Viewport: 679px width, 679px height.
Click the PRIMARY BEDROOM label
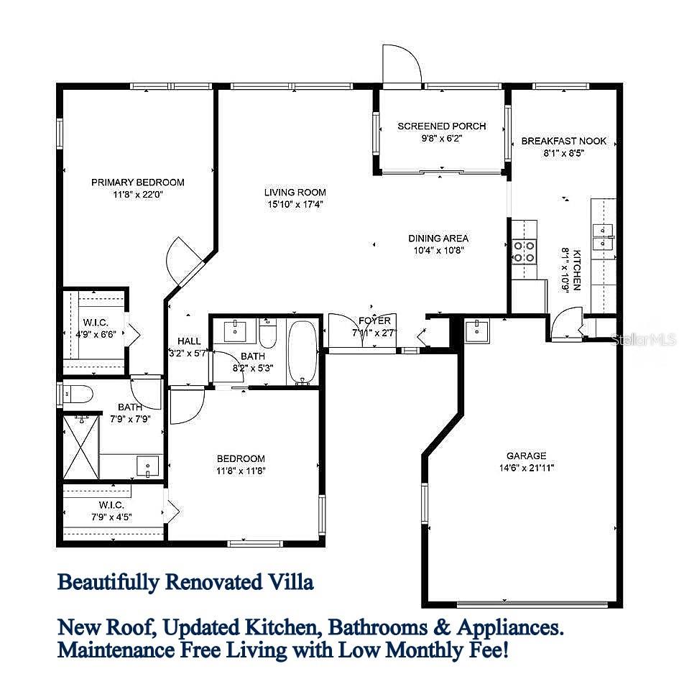[x=138, y=183]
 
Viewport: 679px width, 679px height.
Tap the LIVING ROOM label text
[x=295, y=193]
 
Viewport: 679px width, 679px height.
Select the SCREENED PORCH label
[x=442, y=126]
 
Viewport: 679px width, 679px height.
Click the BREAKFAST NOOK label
[x=564, y=142]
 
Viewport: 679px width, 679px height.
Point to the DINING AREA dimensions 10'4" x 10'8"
[x=438, y=250]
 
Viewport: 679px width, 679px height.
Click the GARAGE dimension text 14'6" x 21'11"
[x=526, y=468]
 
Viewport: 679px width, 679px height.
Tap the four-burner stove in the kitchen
[x=524, y=251]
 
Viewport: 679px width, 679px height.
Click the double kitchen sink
[x=602, y=230]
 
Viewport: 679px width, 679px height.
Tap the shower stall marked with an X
[x=80, y=447]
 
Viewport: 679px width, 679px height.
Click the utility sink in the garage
[x=476, y=331]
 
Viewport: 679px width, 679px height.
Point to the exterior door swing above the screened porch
[x=401, y=65]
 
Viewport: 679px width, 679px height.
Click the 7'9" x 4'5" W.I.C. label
[x=111, y=511]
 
